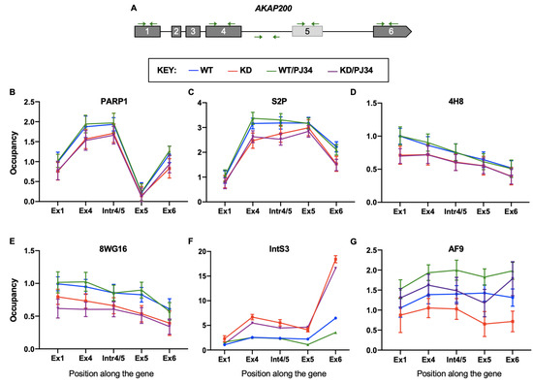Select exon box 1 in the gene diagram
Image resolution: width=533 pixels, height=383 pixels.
click(x=145, y=32)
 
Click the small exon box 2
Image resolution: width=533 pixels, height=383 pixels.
click(x=175, y=32)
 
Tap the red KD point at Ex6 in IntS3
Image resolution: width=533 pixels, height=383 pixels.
click(x=335, y=259)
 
